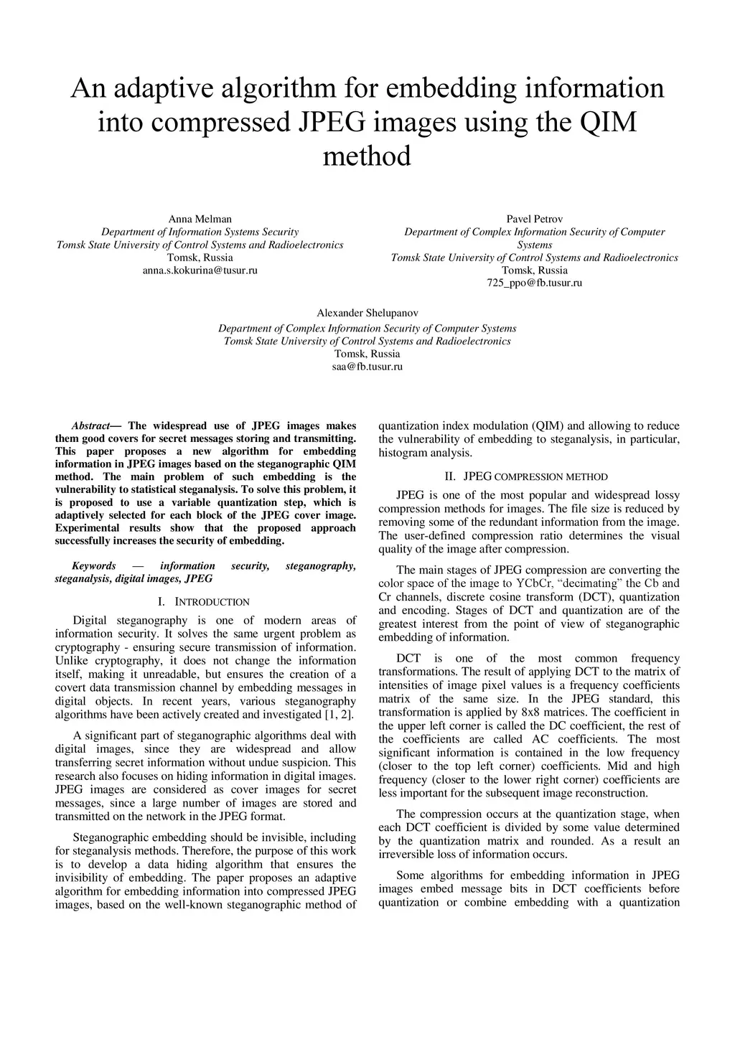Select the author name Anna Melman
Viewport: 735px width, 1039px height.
tap(200, 219)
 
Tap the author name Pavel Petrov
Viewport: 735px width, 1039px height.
tap(534, 219)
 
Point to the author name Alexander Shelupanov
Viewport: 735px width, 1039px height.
tap(367, 314)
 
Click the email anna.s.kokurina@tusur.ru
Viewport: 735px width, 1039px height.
tap(200, 271)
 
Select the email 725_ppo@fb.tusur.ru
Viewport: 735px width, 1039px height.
tap(534, 283)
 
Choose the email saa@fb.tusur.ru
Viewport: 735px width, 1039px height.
tap(367, 367)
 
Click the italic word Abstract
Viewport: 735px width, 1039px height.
tap(90, 426)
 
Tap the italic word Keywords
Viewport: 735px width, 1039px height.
tap(93, 566)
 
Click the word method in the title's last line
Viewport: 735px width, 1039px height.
tap(367, 156)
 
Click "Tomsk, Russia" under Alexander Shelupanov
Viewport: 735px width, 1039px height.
tap(367, 354)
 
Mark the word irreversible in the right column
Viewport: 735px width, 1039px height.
tap(407, 855)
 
